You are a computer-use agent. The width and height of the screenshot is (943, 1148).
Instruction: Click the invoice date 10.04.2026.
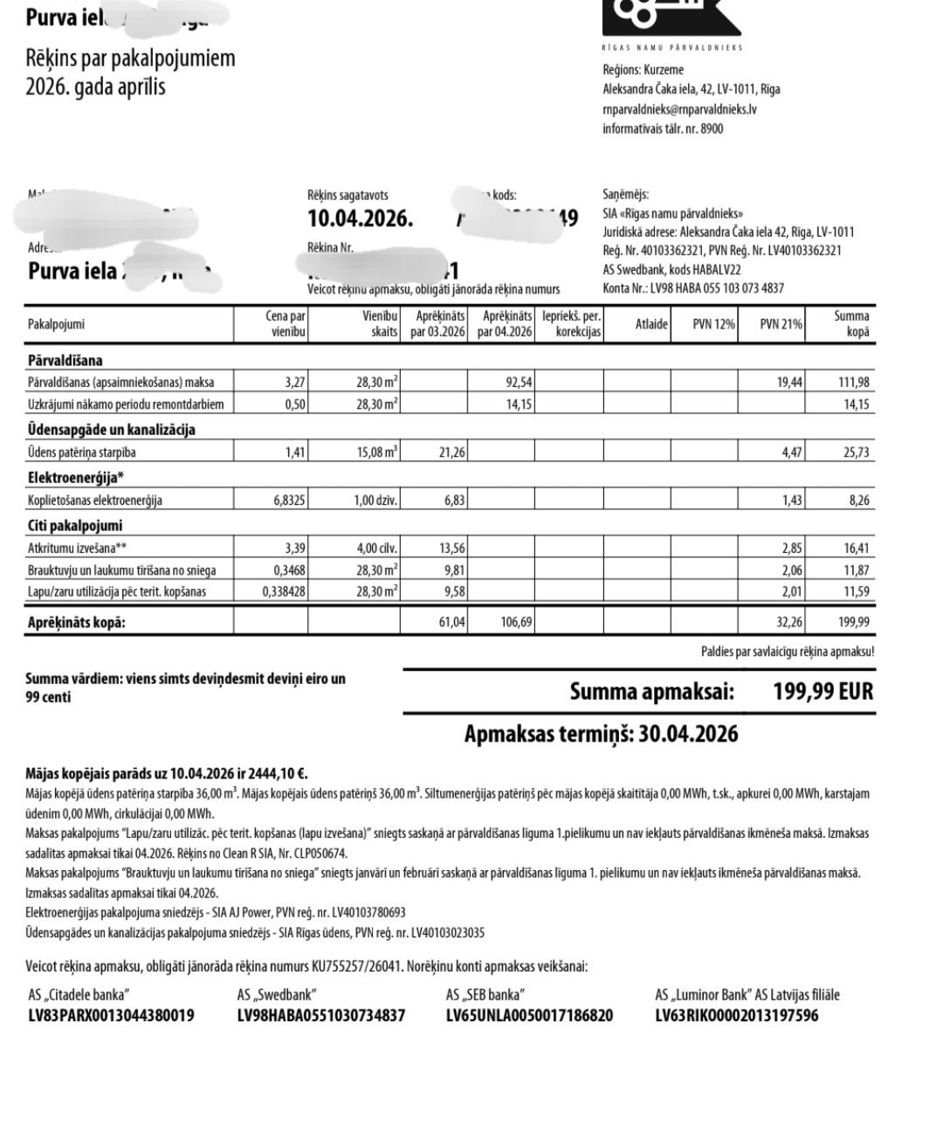click(360, 218)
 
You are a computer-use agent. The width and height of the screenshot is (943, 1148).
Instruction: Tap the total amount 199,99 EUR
click(823, 692)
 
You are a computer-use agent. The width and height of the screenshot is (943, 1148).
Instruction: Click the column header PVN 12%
click(714, 324)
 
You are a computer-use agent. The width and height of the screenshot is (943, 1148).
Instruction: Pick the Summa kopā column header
click(850, 324)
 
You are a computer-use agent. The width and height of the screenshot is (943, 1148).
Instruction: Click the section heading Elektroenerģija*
click(75, 477)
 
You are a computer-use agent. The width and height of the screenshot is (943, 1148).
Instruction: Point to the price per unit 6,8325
click(285, 501)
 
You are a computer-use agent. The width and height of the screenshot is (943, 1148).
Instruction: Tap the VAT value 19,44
click(788, 382)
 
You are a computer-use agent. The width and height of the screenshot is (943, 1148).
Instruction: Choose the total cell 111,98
click(853, 382)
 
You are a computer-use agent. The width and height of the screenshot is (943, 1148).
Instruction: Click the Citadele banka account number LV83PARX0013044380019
click(111, 1015)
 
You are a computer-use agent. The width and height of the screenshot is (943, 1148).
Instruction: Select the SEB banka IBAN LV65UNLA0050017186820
click(529, 1015)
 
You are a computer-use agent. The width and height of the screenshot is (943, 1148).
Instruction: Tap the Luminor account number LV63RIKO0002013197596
click(737, 1015)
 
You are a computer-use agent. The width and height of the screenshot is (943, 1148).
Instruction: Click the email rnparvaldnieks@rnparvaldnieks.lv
click(679, 109)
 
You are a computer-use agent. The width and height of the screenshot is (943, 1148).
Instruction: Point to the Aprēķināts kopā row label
click(76, 623)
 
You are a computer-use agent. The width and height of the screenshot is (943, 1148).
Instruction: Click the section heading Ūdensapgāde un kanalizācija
click(112, 430)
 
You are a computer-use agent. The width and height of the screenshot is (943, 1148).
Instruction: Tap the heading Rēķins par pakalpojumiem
click(130, 59)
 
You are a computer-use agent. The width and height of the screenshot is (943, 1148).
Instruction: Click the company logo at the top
click(671, 17)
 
